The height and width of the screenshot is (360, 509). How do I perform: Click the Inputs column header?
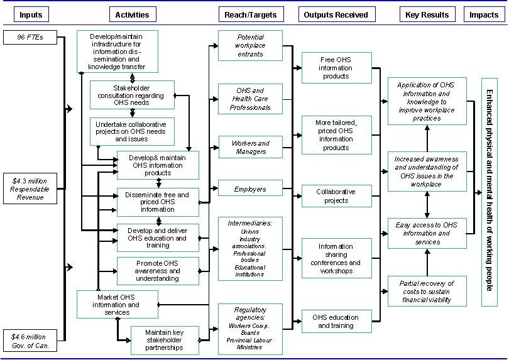[31, 14]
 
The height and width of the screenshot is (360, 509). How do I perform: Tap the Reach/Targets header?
[250, 14]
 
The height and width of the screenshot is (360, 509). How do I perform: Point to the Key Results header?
[427, 14]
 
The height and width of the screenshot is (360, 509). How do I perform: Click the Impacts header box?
[484, 14]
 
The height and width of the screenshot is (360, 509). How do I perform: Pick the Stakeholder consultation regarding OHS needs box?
[132, 95]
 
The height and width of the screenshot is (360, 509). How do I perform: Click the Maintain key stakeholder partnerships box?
[164, 340]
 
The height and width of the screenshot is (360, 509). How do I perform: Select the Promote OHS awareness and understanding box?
[158, 271]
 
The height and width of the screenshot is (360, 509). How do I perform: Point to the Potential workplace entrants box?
[250, 46]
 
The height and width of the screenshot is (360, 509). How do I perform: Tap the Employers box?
[250, 188]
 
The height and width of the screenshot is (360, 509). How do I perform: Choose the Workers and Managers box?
[250, 147]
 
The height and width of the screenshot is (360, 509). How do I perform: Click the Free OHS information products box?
[336, 68]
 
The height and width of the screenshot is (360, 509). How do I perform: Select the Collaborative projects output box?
[336, 196]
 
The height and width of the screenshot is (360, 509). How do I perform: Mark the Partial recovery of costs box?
[427, 292]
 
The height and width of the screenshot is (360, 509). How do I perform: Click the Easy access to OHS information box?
[427, 233]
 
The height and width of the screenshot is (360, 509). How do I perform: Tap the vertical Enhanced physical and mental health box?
[490, 192]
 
